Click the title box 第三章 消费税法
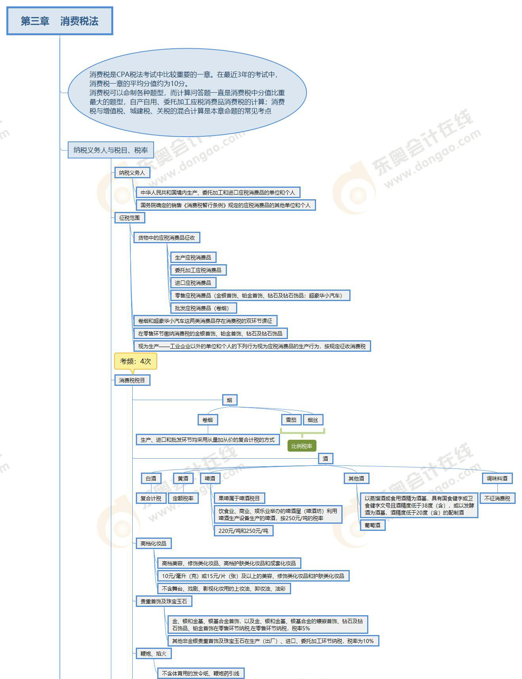(59, 21)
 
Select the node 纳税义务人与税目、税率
(110, 150)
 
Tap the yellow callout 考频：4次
(135, 361)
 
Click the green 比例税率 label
(301, 446)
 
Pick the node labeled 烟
(229, 400)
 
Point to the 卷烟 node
(208, 420)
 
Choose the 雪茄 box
(291, 420)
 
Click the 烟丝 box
(313, 420)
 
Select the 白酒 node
(151, 479)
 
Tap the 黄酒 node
(183, 479)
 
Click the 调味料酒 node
(497, 479)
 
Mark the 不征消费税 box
(497, 498)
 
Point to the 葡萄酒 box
(372, 525)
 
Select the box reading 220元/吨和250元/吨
(243, 531)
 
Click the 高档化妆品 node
(153, 544)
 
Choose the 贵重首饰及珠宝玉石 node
(164, 601)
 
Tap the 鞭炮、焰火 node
(153, 654)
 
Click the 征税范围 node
(130, 218)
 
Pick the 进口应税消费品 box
(193, 283)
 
